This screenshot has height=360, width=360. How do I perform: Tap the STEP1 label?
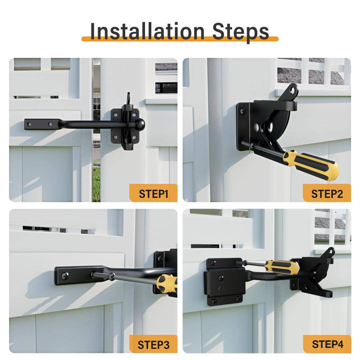coord(153,193)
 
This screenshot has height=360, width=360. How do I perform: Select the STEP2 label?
coord(327,193)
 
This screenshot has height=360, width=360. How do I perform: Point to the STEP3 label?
coord(153,344)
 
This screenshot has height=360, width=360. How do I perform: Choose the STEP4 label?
coord(327,344)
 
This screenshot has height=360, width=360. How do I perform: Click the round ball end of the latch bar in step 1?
coord(140,125)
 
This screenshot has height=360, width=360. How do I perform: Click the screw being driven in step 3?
coord(102,275)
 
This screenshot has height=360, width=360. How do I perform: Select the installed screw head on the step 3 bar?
coord(65,276)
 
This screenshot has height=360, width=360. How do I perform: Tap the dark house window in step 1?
coord(166,87)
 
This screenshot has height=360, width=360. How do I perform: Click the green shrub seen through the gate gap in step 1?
coord(96,184)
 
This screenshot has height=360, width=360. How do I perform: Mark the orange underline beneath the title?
coord(180,39)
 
